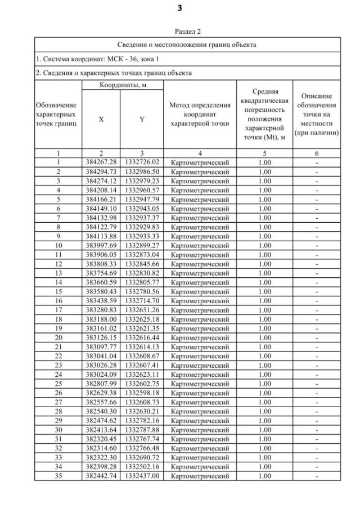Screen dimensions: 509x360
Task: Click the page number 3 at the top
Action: (x=180, y=8)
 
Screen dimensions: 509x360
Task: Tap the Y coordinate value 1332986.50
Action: (x=142, y=171)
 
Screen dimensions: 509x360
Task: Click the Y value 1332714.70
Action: (x=142, y=300)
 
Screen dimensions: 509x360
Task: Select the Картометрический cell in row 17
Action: (x=200, y=310)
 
